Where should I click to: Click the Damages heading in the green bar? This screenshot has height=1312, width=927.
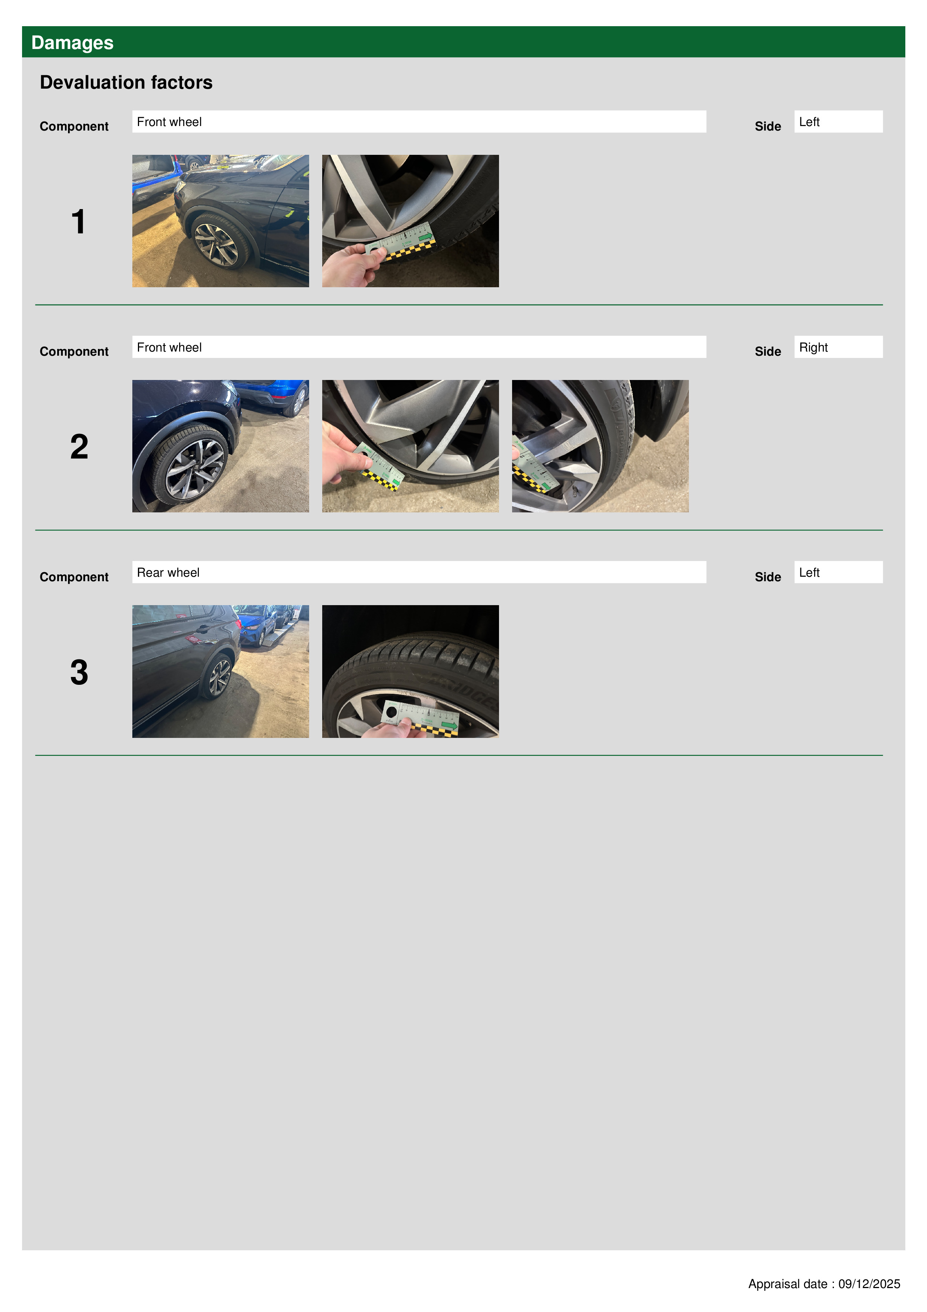[x=72, y=43]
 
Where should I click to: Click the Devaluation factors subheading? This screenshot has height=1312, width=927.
[x=126, y=82]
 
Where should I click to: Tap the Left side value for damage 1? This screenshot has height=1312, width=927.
[x=838, y=122]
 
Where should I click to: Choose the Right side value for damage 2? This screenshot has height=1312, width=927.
[x=838, y=347]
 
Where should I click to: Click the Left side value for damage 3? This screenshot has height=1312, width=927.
[x=838, y=572]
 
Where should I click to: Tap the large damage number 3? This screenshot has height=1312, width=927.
[x=79, y=672]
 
